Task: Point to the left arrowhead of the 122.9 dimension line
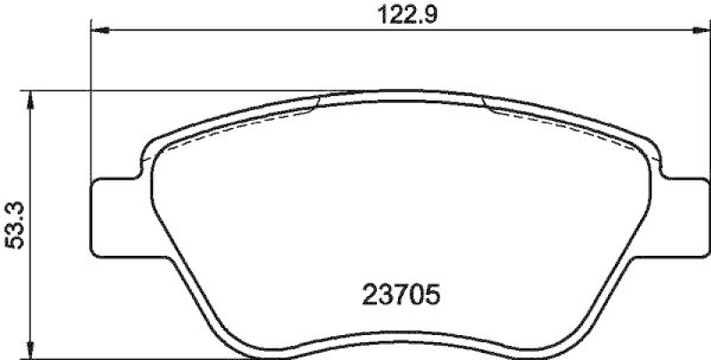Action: [x=100, y=31]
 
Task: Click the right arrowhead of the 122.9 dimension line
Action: [x=696, y=31]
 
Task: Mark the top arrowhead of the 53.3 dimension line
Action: [x=32, y=98]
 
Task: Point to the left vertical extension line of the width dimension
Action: [x=92, y=98]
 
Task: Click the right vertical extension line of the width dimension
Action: [x=702, y=98]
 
